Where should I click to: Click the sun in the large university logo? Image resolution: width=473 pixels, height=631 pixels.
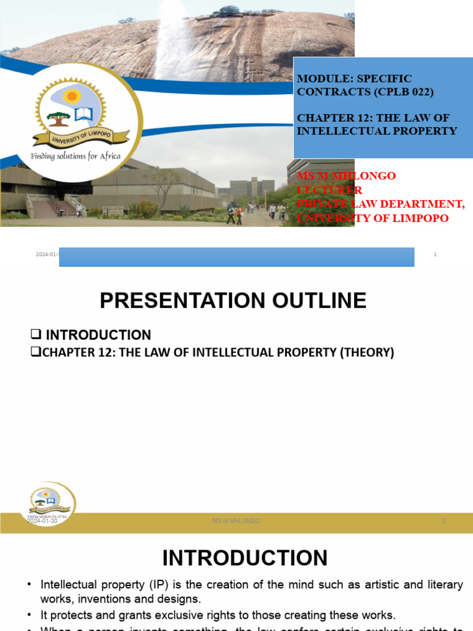[71, 97]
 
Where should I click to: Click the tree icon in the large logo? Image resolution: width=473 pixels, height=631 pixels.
[59, 117]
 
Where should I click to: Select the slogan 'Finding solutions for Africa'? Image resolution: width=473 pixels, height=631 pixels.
[76, 156]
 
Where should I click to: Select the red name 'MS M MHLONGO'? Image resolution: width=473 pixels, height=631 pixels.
[346, 176]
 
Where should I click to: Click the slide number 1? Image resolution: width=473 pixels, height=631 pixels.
[435, 254]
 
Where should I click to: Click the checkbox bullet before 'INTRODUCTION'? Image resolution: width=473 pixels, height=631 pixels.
[36, 335]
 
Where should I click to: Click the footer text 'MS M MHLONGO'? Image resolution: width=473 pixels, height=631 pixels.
[236, 521]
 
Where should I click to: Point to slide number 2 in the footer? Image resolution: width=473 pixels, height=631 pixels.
[443, 521]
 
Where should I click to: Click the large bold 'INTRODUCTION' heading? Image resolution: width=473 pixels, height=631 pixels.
[245, 558]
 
